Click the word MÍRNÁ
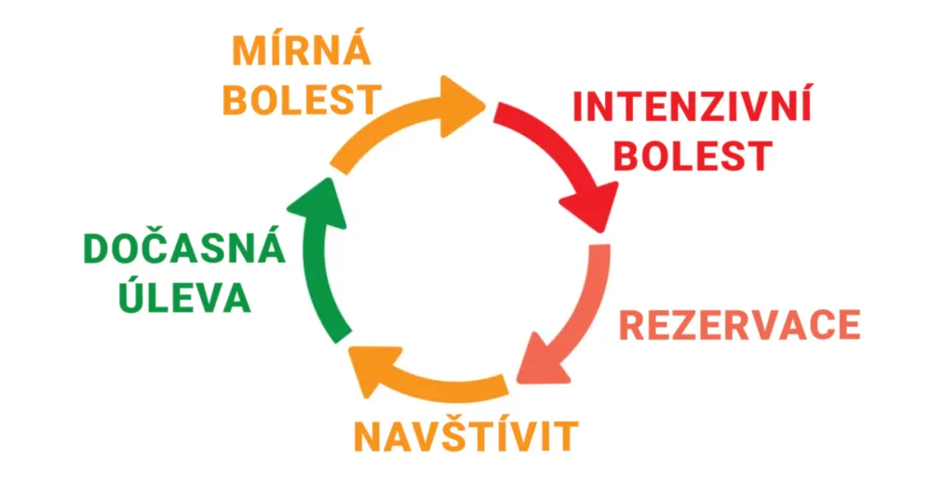coord(302,50)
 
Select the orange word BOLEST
coord(302,100)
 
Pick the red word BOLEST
coord(693,155)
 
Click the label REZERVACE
coord(740,325)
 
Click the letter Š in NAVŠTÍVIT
coord(453,433)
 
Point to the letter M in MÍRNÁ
coord(249,52)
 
